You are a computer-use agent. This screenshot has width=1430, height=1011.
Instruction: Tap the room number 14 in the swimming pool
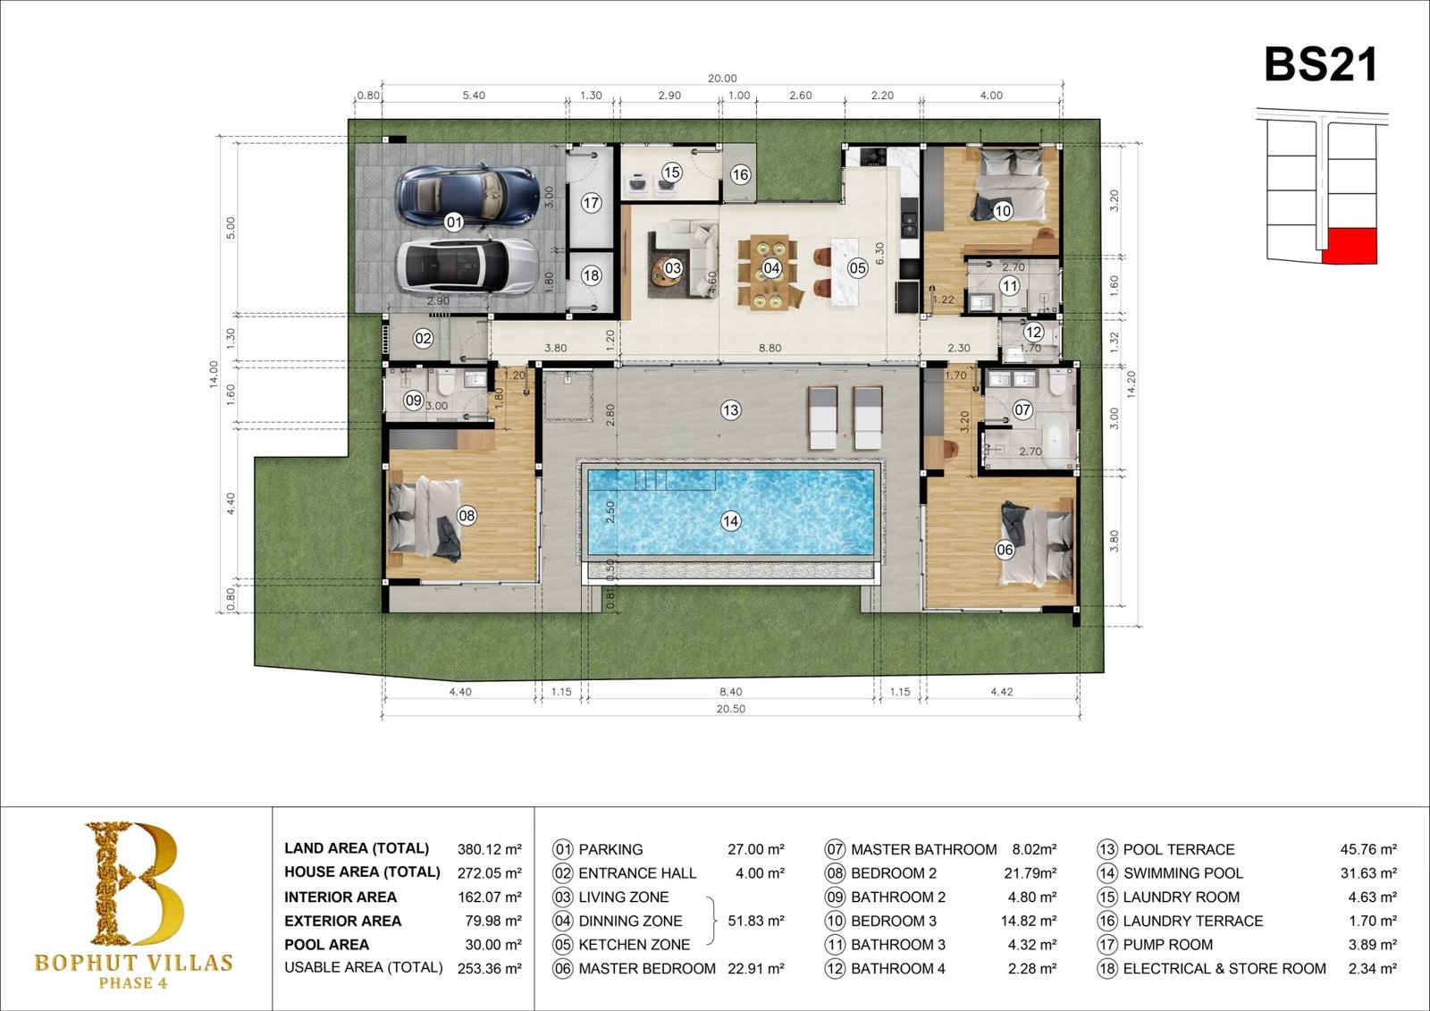(x=730, y=521)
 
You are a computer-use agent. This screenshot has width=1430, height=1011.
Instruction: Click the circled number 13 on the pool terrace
(x=730, y=409)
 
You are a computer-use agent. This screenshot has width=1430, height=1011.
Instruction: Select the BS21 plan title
(x=1320, y=64)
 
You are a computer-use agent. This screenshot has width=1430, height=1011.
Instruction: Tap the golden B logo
(x=135, y=882)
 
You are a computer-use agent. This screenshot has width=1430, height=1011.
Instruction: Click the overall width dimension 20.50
(x=731, y=708)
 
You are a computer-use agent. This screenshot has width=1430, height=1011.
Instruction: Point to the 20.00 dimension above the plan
(x=722, y=78)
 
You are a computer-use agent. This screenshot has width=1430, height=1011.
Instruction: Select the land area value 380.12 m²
(x=490, y=849)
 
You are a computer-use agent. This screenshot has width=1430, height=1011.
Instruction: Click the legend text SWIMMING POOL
(x=1183, y=873)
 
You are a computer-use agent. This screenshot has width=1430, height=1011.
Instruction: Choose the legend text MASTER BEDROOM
(x=647, y=969)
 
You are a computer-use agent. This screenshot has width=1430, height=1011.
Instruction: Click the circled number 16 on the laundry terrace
(x=740, y=174)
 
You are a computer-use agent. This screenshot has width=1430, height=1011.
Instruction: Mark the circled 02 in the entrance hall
(x=423, y=338)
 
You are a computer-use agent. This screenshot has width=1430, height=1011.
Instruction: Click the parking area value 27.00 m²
(x=756, y=849)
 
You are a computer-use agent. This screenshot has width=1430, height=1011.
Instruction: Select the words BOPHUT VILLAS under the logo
(x=133, y=963)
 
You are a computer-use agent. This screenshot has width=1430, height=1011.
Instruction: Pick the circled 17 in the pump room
(x=591, y=203)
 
